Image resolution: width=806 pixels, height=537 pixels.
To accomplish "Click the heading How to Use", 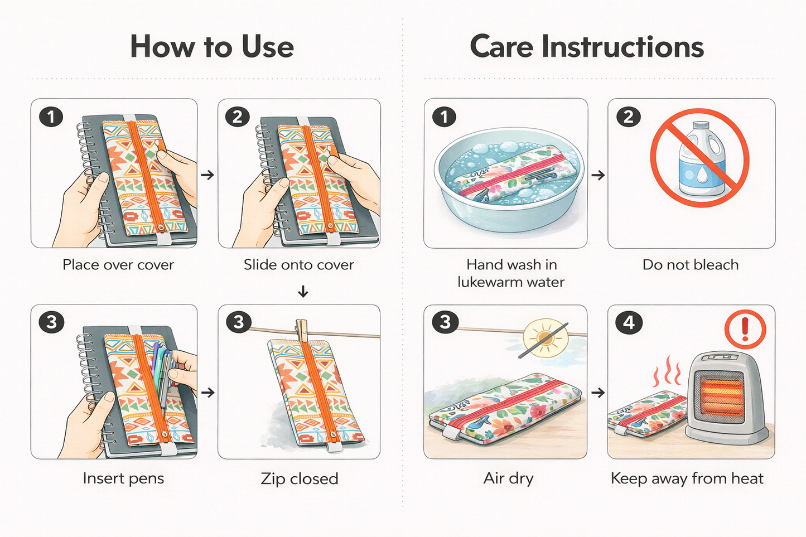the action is (212, 47).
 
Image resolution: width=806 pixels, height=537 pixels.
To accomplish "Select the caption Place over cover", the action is (118, 265).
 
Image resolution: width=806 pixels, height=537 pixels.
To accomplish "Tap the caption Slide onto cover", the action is (298, 265).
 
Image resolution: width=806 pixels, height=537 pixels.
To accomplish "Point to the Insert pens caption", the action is (123, 479).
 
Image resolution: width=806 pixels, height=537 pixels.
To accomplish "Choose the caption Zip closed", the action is (300, 479).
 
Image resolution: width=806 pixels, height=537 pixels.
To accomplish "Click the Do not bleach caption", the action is (691, 265).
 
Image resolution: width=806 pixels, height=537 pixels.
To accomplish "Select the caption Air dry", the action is (508, 479).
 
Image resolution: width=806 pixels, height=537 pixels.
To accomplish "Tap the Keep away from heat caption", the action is (687, 479).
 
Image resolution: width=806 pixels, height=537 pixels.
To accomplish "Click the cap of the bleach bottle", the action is (701, 125).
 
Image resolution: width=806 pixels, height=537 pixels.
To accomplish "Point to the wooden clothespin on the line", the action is (302, 331).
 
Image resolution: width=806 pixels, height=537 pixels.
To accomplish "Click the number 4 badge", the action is (629, 322).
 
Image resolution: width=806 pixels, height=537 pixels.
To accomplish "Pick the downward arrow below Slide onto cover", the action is (303, 291).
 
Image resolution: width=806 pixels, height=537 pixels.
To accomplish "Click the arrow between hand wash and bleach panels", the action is (598, 175).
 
